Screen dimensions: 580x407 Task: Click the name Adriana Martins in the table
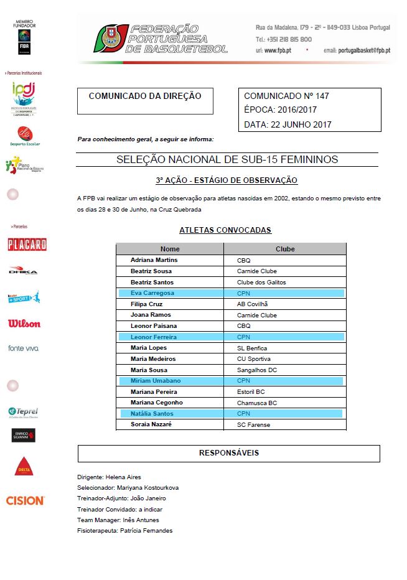coord(154,260)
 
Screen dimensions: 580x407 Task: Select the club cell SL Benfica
coord(252,347)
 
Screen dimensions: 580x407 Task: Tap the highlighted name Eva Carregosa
coord(152,292)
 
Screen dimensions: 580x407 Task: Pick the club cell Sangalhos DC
coord(256,370)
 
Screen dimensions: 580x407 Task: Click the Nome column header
coord(170,249)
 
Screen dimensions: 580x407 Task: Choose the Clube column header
coord(285,249)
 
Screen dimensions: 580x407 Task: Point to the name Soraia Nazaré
coord(151,424)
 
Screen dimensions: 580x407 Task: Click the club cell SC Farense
coord(254,424)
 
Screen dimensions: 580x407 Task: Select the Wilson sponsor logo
coord(24,324)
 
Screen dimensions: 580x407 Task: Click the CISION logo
coord(25,500)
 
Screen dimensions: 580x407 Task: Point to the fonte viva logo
coord(24,348)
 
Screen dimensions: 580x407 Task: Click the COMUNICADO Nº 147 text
coord(286,96)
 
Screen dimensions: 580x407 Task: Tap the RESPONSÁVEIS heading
coord(228,452)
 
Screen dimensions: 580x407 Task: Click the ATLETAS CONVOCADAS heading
coord(225,230)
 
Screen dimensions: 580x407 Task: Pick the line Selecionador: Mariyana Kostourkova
coord(128,488)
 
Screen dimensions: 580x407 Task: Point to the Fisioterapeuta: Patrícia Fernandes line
coord(124,531)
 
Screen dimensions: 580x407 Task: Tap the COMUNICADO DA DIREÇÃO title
coord(145,96)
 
